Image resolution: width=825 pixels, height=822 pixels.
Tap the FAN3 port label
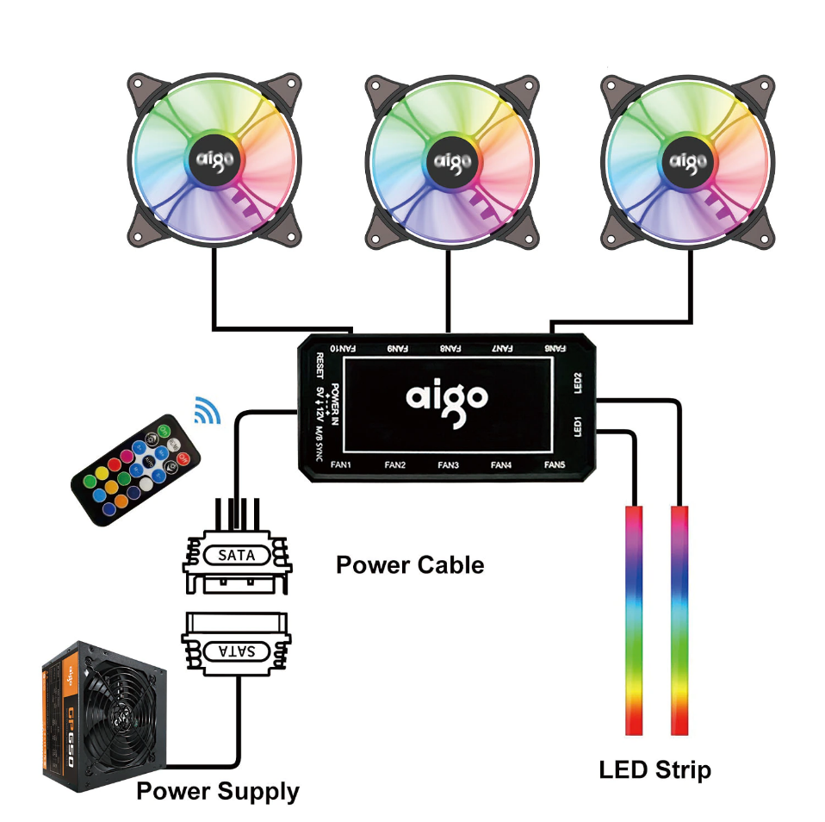point(448,465)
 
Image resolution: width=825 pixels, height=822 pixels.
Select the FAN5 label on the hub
point(555,465)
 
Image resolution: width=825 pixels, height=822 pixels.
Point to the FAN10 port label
point(342,348)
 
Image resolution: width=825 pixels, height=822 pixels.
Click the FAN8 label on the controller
point(449,348)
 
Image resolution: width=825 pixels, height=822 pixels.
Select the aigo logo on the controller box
point(447,398)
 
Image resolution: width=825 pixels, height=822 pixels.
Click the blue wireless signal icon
point(208,410)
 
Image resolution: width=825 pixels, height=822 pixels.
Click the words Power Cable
point(410,565)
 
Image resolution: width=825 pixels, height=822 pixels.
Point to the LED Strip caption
point(655,769)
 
